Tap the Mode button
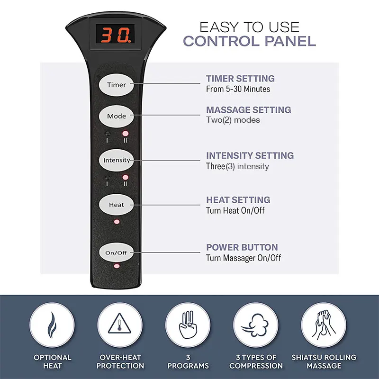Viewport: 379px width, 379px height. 117,116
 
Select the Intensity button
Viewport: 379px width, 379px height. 117,160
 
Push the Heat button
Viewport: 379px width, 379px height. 117,205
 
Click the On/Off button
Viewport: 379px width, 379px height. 117,253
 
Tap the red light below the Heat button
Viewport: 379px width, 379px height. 117,221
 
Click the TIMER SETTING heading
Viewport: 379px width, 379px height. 240,79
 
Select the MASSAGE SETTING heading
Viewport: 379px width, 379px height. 248,110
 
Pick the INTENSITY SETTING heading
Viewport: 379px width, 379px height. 250,155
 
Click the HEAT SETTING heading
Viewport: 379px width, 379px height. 238,200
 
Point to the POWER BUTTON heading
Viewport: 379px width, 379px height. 242,247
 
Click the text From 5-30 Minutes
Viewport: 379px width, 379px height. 238,89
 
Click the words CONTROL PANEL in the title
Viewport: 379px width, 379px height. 249,41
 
